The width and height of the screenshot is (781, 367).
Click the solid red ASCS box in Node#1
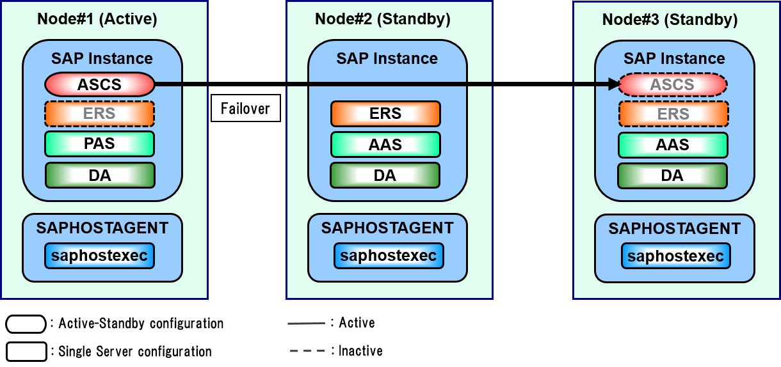click(x=100, y=84)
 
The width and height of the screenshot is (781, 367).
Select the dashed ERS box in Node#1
click(x=99, y=114)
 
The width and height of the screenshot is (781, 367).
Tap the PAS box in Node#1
click(x=99, y=144)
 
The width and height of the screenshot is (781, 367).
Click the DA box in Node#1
click(x=100, y=175)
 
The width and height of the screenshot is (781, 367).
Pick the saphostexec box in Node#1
click(x=99, y=256)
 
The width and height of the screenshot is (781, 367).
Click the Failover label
click(x=246, y=109)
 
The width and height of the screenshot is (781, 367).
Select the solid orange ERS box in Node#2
click(x=385, y=114)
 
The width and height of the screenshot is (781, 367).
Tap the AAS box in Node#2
click(x=385, y=144)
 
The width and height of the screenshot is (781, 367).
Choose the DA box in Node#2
click(x=385, y=175)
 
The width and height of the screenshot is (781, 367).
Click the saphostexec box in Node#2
click(x=389, y=256)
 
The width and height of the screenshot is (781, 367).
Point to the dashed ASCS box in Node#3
click(x=673, y=84)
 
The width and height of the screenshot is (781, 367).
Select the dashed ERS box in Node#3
click(x=673, y=114)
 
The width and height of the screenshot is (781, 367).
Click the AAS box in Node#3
click(x=673, y=144)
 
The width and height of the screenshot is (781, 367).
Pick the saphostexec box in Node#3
click(x=675, y=256)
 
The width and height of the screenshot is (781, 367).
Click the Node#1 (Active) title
click(x=97, y=19)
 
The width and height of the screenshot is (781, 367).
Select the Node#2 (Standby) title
click(x=383, y=19)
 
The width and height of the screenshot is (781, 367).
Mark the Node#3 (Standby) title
click(x=670, y=20)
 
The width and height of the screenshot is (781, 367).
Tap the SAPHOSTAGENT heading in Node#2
click(x=387, y=228)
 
